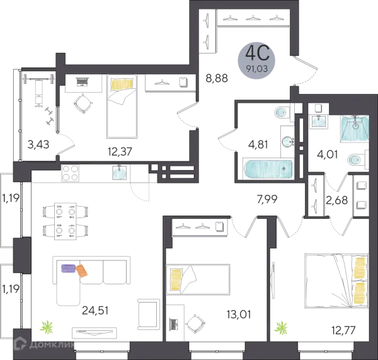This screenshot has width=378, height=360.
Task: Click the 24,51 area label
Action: point(95,311)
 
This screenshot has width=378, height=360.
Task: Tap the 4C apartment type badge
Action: point(256,59)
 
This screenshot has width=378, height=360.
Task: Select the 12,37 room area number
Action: point(120,151)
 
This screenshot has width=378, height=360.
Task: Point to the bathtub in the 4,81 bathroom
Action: point(268,169)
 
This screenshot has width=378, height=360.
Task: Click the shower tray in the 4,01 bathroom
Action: point(355,128)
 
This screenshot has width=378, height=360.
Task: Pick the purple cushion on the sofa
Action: point(69,269)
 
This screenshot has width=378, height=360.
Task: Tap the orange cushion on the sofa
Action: point(82,270)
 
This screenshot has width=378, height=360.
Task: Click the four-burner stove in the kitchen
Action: point(71,173)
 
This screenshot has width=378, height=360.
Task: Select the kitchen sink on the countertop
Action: point(119,172)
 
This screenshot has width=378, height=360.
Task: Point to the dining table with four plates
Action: point(66,221)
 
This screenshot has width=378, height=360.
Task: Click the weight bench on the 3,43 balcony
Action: point(38,90)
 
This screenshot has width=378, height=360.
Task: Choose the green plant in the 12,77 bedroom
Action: point(282,328)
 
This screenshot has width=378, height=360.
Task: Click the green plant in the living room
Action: point(47,327)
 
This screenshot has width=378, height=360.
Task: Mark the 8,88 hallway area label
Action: point(217,78)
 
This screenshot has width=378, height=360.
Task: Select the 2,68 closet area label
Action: point(337,200)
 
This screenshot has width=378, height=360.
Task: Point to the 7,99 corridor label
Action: point(267,199)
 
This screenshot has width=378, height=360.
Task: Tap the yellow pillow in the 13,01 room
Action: point(176,280)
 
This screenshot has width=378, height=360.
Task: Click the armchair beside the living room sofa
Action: point(149,315)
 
